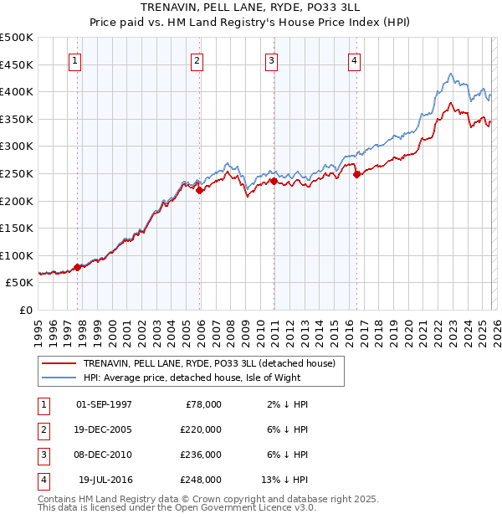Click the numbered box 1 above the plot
click(x=75, y=60)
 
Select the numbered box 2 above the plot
click(x=197, y=60)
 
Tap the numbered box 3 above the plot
click(x=273, y=60)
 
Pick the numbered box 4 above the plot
click(x=355, y=60)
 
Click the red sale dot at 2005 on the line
click(x=200, y=190)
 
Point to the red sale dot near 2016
click(x=356, y=174)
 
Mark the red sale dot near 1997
click(x=78, y=267)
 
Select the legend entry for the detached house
click(x=209, y=363)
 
